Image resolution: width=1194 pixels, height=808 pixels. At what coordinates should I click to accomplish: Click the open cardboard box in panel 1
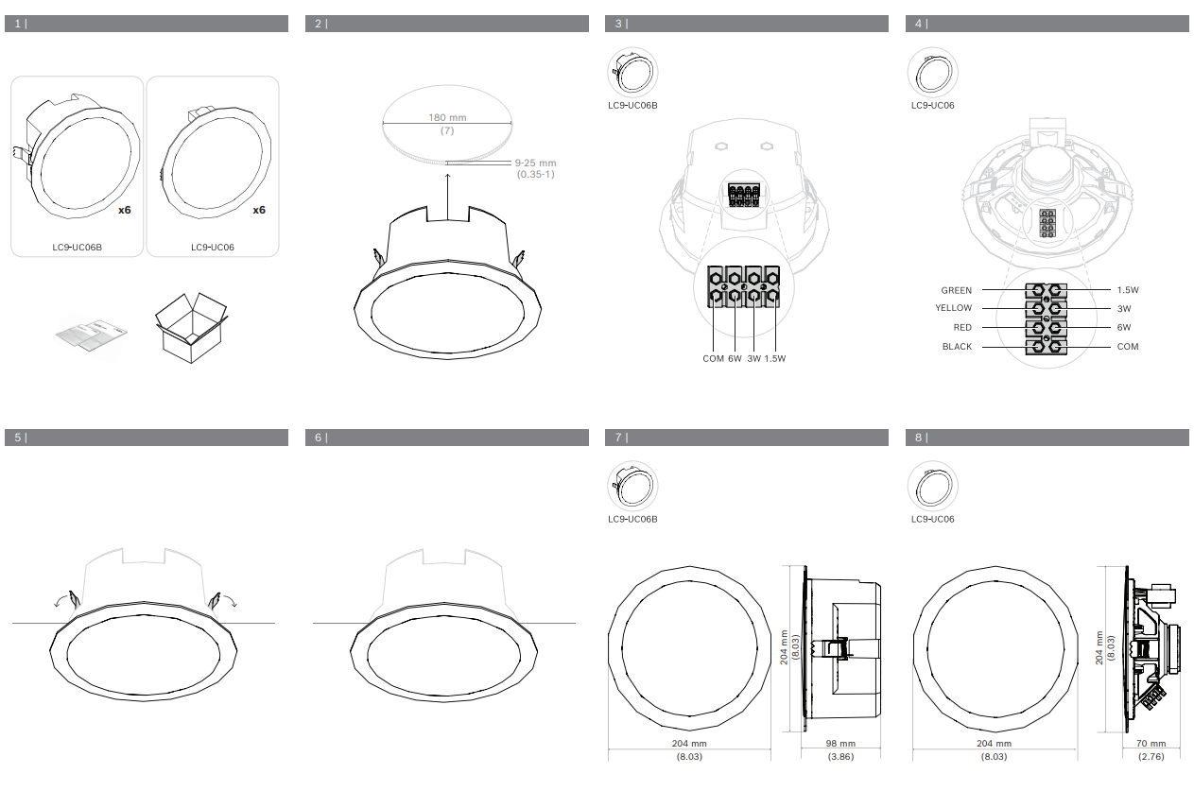pyautogui.click(x=191, y=328)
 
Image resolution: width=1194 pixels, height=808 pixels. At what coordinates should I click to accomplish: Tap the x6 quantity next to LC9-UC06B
pyautogui.click(x=124, y=210)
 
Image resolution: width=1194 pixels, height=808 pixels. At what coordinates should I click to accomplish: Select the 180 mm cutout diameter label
pyautogui.click(x=447, y=118)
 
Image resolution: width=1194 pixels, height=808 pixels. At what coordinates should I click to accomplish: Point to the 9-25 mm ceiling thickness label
pyautogui.click(x=535, y=163)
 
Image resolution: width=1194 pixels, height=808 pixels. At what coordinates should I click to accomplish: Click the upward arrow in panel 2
pyautogui.click(x=448, y=197)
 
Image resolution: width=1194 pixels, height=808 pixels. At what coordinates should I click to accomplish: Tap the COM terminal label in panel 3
pyautogui.click(x=713, y=359)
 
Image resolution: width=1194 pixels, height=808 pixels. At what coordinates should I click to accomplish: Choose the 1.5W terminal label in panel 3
pyautogui.click(x=775, y=359)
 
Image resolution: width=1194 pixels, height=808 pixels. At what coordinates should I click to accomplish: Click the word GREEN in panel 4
pyautogui.click(x=957, y=290)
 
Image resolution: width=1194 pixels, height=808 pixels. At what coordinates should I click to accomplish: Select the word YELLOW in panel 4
pyautogui.click(x=954, y=308)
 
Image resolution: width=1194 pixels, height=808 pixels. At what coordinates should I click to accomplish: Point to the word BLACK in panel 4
pyautogui.click(x=958, y=347)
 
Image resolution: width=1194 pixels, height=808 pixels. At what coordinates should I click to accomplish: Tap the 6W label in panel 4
pyautogui.click(x=1124, y=327)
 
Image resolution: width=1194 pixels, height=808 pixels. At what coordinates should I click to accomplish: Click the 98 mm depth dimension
pyautogui.click(x=840, y=744)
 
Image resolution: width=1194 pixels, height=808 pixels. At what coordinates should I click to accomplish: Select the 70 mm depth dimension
pyautogui.click(x=1151, y=744)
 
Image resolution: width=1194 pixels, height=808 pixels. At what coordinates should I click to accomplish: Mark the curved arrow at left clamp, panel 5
pyautogui.click(x=63, y=599)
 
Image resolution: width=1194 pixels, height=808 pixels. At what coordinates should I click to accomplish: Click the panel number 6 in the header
pyautogui.click(x=319, y=438)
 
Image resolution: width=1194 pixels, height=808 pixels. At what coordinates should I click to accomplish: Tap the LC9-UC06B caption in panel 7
pyautogui.click(x=632, y=519)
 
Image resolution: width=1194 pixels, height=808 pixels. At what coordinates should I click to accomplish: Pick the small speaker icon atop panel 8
pyautogui.click(x=933, y=487)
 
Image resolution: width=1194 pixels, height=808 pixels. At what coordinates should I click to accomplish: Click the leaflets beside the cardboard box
pyautogui.click(x=92, y=335)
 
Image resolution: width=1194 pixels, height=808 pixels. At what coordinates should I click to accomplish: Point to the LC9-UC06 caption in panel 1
pyautogui.click(x=213, y=248)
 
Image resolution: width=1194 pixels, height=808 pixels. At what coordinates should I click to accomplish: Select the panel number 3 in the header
pyautogui.click(x=618, y=24)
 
